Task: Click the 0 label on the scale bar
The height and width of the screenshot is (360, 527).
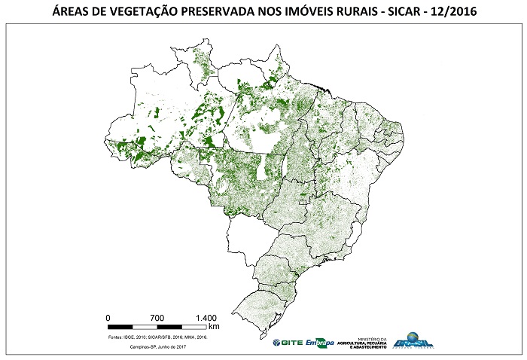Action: coord(108,317)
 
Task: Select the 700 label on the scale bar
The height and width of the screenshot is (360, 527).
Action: coord(157,317)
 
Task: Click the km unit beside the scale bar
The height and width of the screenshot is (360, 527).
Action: coord(214,327)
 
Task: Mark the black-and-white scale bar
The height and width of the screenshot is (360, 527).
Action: coord(157,327)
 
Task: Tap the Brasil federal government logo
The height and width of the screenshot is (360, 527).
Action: coord(413,341)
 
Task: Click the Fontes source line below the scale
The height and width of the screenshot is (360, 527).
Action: coord(157,337)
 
